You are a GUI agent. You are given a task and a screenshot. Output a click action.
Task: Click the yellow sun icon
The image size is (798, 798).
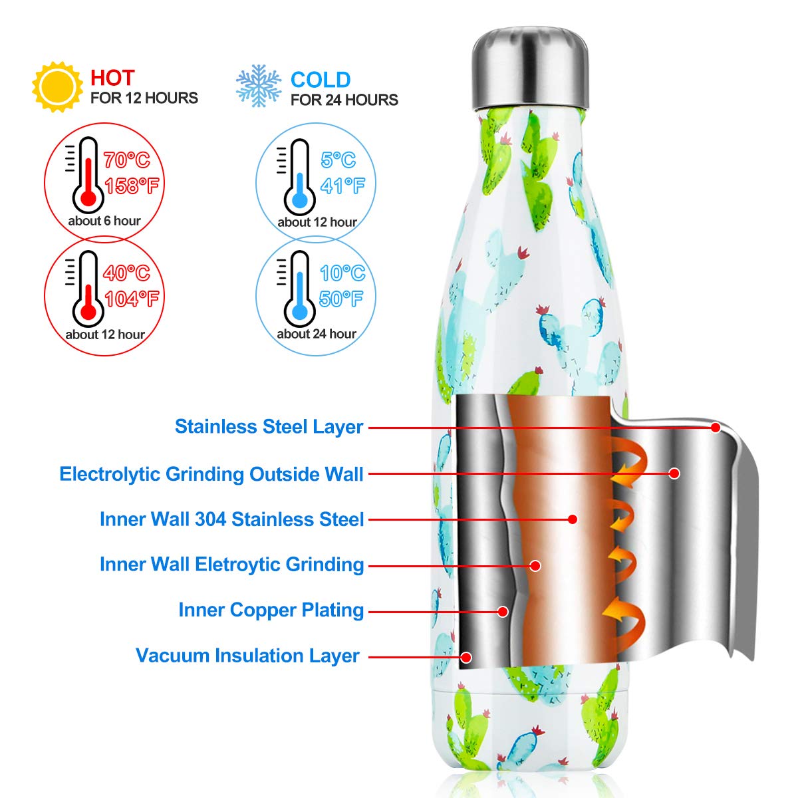click(x=58, y=86)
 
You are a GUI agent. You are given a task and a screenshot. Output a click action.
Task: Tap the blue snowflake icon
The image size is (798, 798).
click(x=259, y=86)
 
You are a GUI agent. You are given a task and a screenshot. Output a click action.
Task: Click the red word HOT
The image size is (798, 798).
click(x=112, y=78)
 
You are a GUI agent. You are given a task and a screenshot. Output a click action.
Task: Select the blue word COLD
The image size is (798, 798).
click(x=321, y=80)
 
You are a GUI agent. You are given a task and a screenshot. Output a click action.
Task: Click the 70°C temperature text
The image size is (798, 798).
click(x=127, y=160)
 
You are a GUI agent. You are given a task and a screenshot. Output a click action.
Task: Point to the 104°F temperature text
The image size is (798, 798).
click(x=132, y=299)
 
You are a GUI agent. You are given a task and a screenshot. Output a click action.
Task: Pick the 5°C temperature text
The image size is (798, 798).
click(x=338, y=160)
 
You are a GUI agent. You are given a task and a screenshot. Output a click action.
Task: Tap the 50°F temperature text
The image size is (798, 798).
click(x=341, y=299)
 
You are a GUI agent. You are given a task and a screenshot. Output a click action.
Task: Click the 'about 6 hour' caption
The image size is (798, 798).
click(x=104, y=221)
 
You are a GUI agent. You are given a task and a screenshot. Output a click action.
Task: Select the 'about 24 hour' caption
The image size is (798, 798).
click(x=317, y=334)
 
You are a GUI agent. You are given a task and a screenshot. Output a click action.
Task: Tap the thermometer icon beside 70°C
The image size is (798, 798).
click(x=88, y=175)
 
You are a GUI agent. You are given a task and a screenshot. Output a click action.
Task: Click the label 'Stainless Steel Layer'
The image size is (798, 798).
click(x=269, y=427)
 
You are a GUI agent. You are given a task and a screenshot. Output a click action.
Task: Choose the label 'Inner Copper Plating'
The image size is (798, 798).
click(x=271, y=610)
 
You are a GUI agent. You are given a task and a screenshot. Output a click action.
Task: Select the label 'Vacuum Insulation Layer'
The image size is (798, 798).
click(x=247, y=656)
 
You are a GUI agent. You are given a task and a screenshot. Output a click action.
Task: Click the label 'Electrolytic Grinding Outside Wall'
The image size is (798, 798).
click(x=211, y=474)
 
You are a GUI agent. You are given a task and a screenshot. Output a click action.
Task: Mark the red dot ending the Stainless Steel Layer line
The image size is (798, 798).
click(x=716, y=428)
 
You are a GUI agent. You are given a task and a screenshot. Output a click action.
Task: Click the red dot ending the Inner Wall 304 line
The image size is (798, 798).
click(x=573, y=519)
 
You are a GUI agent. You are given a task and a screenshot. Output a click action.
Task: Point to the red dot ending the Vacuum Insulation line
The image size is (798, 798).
click(x=466, y=657)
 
